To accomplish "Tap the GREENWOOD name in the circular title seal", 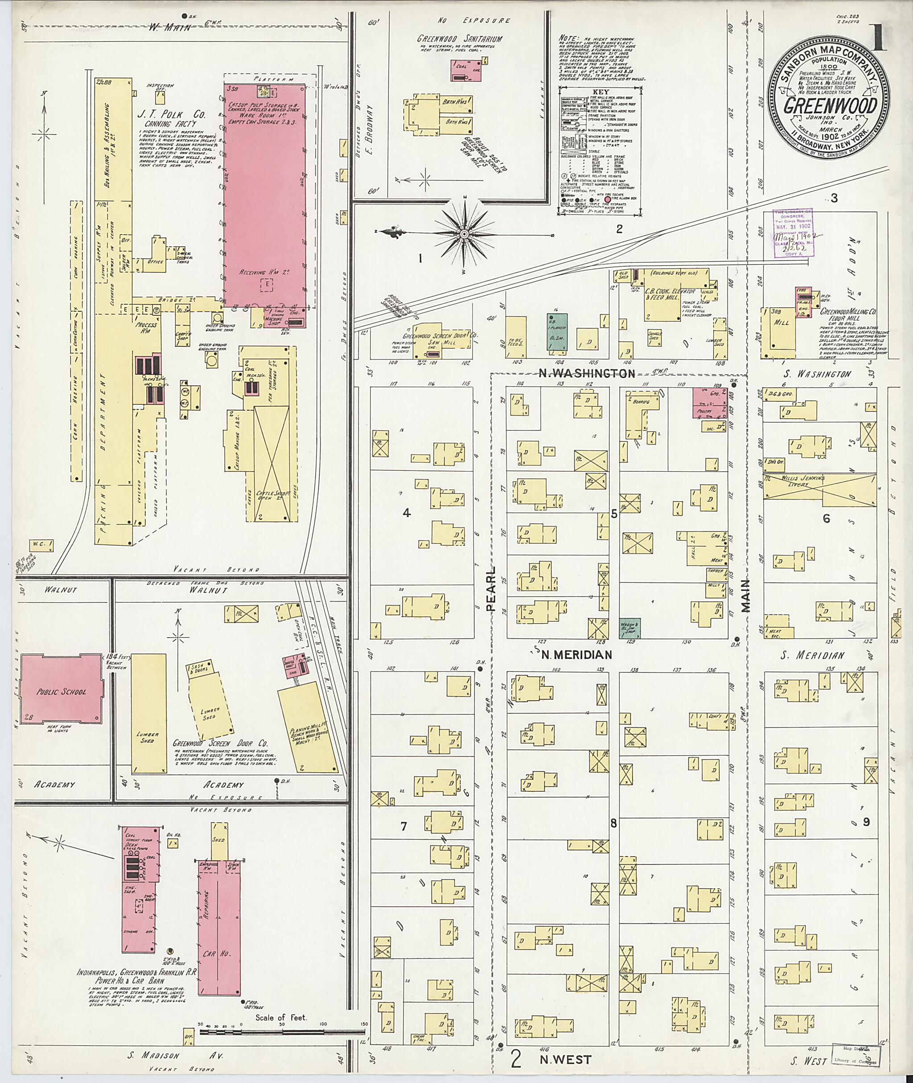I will point(830,106).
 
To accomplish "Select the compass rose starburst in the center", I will point(464,235).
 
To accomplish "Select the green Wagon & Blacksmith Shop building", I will point(630,627).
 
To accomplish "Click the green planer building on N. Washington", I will point(557,331).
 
